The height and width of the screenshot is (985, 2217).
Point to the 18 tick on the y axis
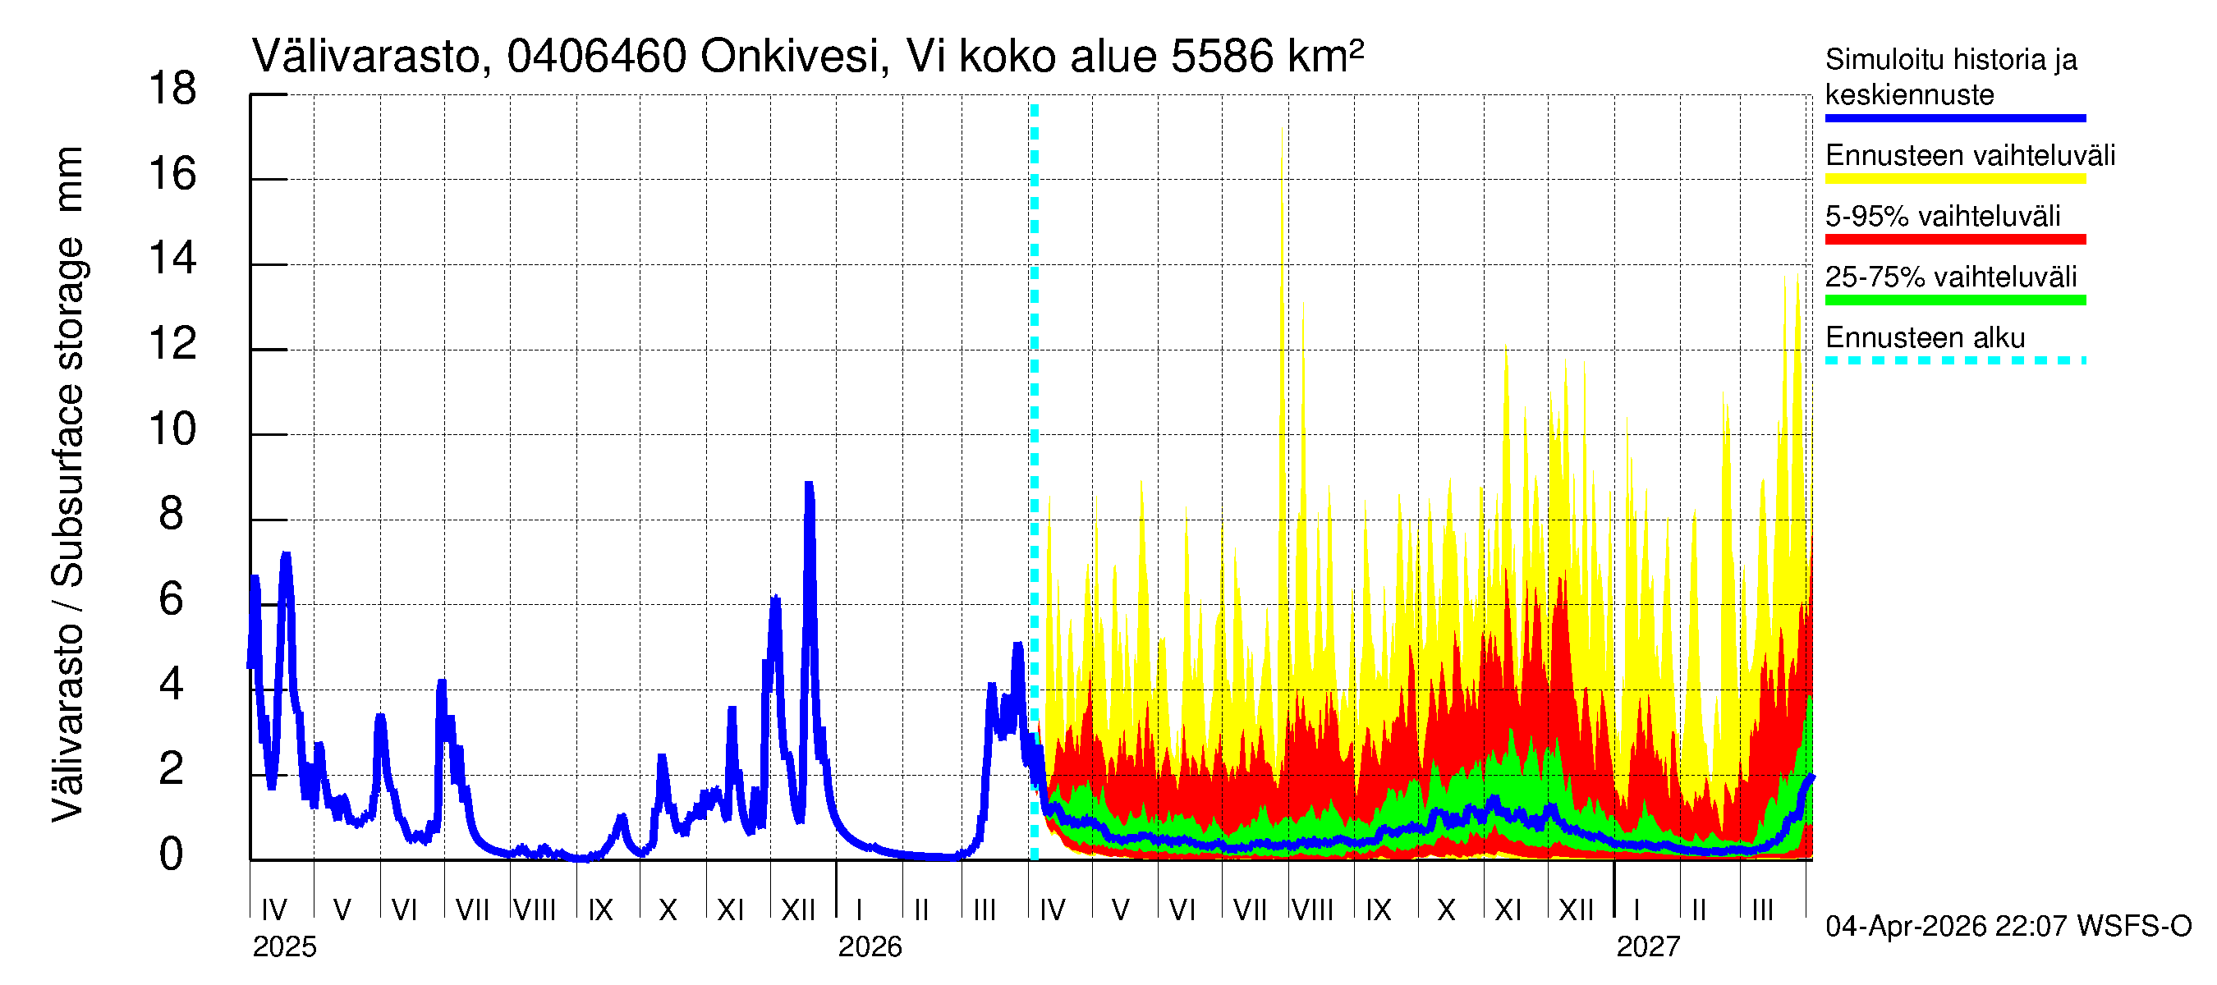click(172, 89)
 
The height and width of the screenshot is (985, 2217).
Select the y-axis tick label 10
click(172, 429)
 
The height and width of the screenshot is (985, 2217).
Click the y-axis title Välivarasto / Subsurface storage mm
click(68, 483)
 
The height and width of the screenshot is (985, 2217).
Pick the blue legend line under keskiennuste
click(1954, 118)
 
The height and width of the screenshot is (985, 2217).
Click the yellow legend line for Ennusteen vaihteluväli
click(1954, 179)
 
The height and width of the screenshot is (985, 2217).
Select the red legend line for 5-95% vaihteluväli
click(1954, 239)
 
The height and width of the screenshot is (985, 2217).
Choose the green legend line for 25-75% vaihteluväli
click(1954, 300)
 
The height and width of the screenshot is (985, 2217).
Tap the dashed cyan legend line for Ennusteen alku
click(1954, 360)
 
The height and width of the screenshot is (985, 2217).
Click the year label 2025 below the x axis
click(284, 947)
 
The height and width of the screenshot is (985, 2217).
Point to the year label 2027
click(1647, 947)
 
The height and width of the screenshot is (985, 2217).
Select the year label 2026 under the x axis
click(870, 947)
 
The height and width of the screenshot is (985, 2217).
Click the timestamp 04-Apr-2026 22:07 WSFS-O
click(2008, 927)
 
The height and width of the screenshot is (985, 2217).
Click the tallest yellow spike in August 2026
click(1283, 129)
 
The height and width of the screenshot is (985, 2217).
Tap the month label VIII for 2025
click(535, 910)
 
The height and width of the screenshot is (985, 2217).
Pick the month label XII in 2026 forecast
click(1576, 910)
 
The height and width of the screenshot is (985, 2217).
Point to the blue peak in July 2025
click(442, 682)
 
